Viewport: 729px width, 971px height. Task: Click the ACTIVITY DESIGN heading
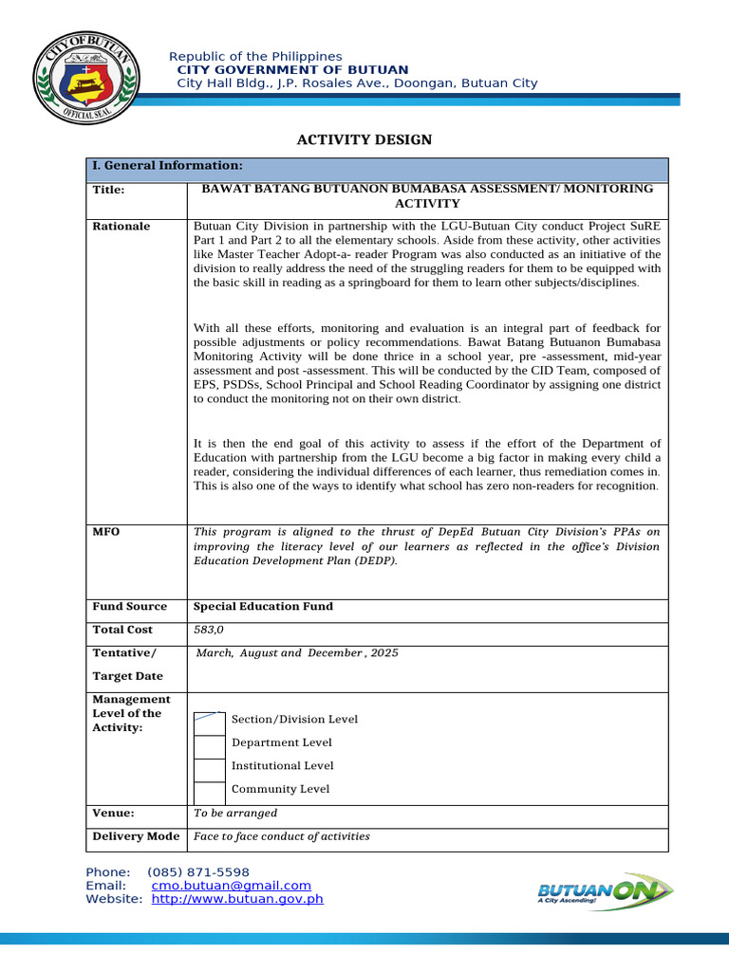pyautogui.click(x=364, y=139)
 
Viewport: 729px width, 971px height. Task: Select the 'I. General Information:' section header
pyautogui.click(x=160, y=165)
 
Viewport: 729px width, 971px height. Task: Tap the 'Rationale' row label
pyautogui.click(x=121, y=226)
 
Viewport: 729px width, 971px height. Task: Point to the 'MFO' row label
pyautogui.click(x=105, y=531)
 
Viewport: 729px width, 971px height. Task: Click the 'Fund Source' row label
pyautogui.click(x=129, y=606)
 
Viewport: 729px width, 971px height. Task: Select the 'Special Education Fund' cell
pyautogui.click(x=263, y=606)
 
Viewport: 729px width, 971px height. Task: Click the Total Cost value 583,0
pyautogui.click(x=211, y=630)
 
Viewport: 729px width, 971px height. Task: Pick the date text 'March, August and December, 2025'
pyautogui.click(x=297, y=653)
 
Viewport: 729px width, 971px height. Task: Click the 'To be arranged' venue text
pyautogui.click(x=235, y=813)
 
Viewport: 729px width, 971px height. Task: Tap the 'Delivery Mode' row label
pyautogui.click(x=136, y=836)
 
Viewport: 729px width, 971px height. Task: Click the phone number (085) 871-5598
pyautogui.click(x=198, y=872)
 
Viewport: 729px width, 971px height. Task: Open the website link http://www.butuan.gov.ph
pyautogui.click(x=237, y=899)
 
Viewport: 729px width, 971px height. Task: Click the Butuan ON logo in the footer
pyautogui.click(x=605, y=892)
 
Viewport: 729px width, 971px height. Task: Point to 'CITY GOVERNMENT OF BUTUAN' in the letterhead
pyautogui.click(x=293, y=70)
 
